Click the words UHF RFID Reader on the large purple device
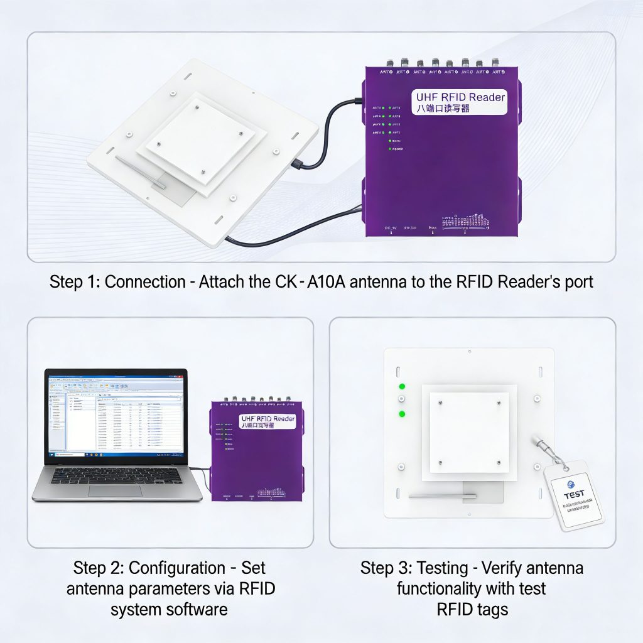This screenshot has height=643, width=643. coord(460,97)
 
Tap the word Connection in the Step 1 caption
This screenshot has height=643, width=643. coord(146,282)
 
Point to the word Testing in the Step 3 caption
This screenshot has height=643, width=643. coord(438,568)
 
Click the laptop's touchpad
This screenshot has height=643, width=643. coord(116,490)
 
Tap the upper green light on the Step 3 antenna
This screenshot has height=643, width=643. coord(402,387)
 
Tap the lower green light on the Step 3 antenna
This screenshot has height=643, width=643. coord(402,414)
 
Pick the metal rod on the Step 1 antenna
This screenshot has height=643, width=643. coord(141,173)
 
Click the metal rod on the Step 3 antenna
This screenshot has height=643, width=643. coord(442,495)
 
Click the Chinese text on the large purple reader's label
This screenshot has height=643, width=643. coord(443,109)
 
